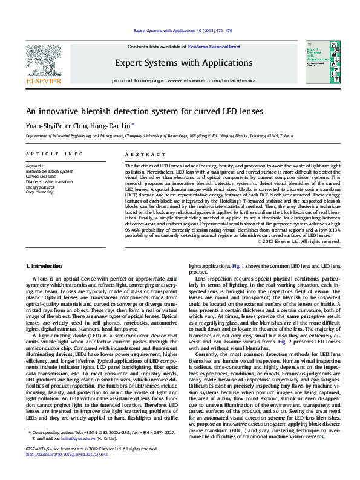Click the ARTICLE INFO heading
[54, 154]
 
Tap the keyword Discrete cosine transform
[49, 181]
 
